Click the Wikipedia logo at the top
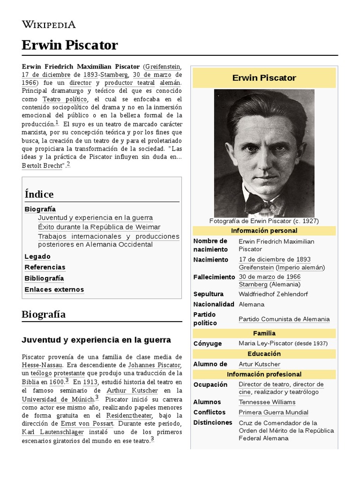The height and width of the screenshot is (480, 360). [48, 25]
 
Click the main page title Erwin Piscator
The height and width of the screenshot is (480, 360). [69, 45]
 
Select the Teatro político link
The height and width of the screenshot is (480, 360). [65, 99]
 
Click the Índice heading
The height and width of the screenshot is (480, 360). [39, 194]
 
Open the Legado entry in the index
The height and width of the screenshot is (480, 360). [37, 256]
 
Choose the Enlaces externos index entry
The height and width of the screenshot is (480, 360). [54, 289]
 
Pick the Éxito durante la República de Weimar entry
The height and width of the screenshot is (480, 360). [99, 227]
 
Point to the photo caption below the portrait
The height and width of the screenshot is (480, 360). [264, 221]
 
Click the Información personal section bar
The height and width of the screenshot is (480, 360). [264, 231]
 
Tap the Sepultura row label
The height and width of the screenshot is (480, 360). [209, 294]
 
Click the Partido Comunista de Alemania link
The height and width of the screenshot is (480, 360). [284, 319]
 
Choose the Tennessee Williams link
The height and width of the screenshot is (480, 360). [267, 402]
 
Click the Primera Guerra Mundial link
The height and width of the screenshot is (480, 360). [273, 412]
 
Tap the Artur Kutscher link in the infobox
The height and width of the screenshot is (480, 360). [259, 364]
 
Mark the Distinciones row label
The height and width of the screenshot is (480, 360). [213, 422]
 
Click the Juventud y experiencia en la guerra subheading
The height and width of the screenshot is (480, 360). [96, 340]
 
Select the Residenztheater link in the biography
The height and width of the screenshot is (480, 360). [129, 416]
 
